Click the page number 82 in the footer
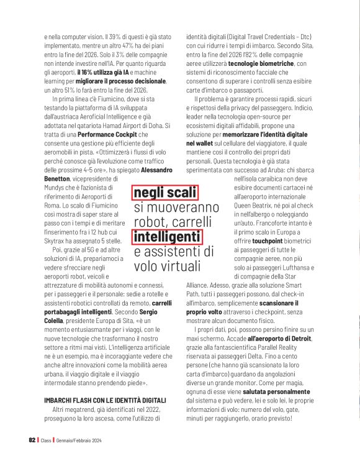pos(32,440)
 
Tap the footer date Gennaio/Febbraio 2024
pos(78,440)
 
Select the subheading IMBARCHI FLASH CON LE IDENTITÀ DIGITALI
pos(105,401)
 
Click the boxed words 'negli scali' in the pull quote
pos(165,193)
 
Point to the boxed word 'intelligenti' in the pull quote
pos(166,237)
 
